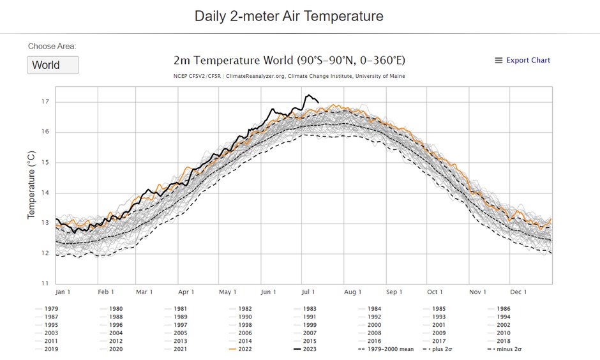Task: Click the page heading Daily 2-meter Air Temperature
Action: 289,16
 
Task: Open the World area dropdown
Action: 52,65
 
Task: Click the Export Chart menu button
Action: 522,61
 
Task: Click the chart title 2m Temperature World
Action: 289,61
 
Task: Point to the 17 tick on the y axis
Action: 45,102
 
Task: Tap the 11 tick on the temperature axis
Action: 45,283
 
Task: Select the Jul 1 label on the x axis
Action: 309,292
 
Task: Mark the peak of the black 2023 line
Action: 308,95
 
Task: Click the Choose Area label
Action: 52,47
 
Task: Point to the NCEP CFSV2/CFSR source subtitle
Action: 289,77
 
